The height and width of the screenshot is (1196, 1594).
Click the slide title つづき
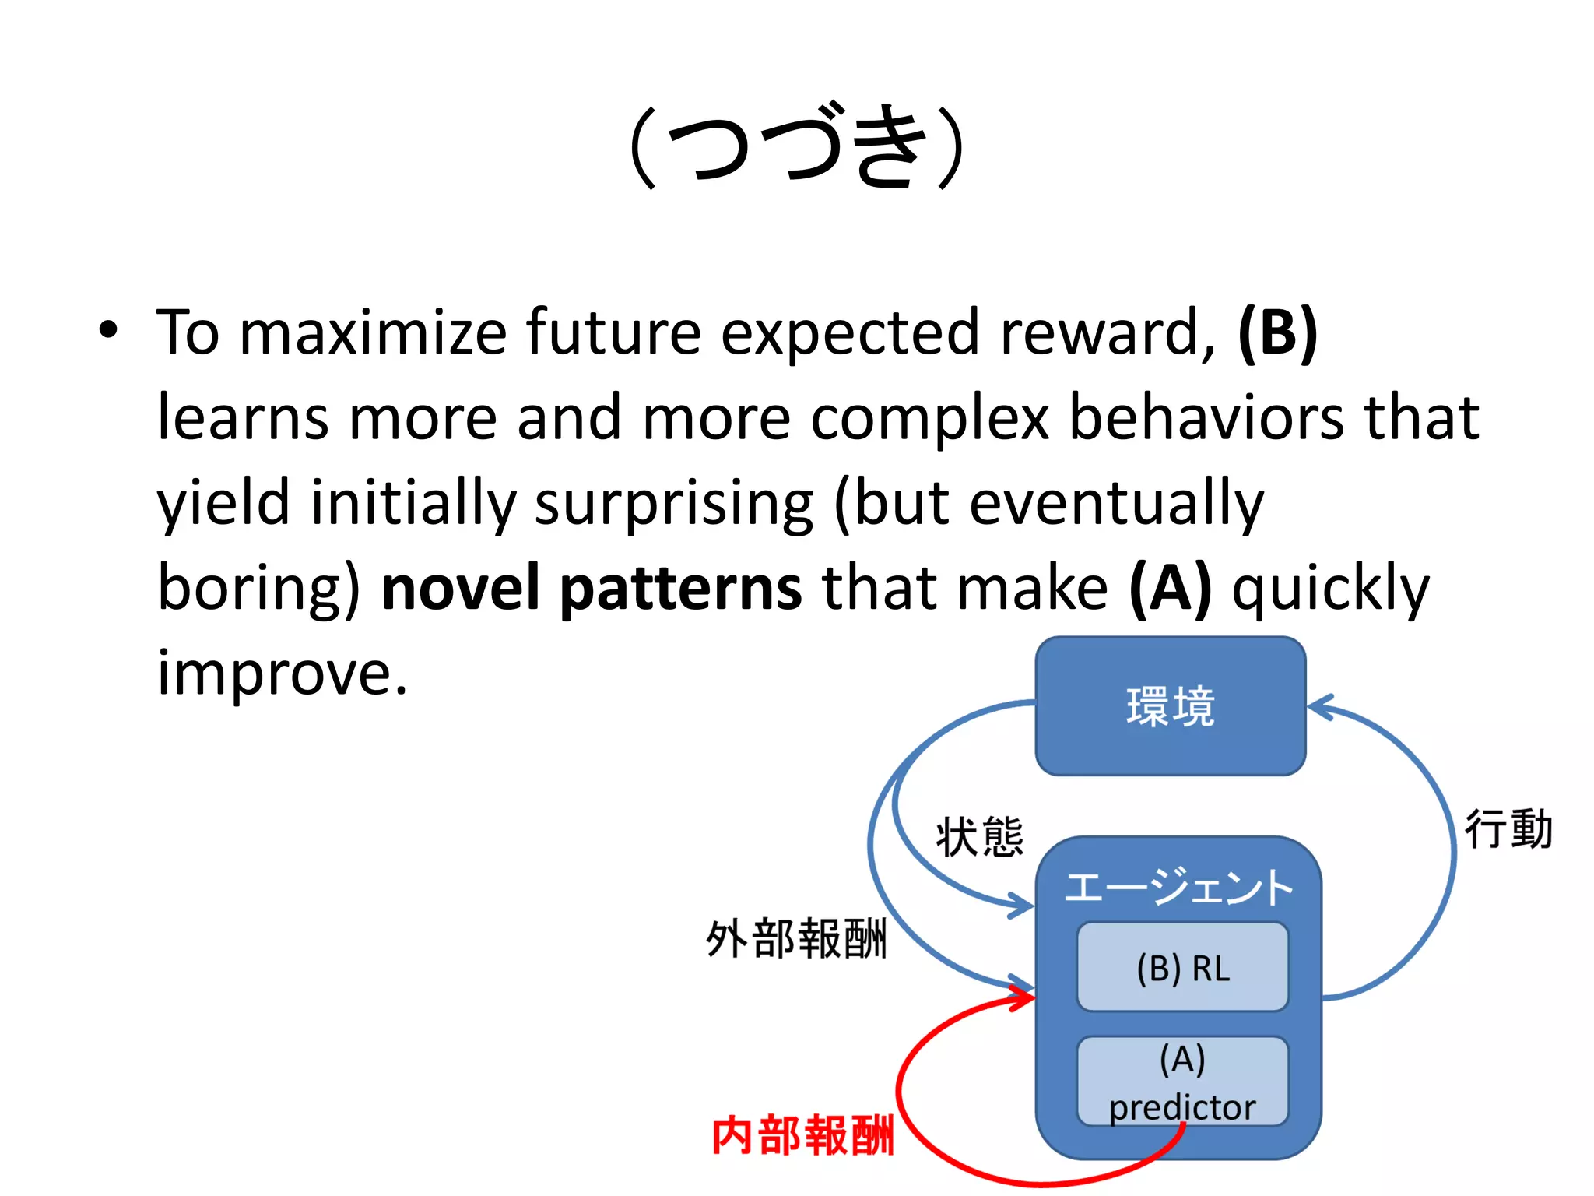(797, 146)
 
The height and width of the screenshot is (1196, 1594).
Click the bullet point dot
(109, 330)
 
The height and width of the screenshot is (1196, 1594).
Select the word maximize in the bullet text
(373, 333)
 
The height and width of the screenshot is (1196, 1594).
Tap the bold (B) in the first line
(1277, 333)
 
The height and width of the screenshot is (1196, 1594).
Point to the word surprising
(674, 505)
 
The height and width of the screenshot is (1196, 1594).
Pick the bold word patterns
(681, 589)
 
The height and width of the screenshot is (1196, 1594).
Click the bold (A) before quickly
(1170, 589)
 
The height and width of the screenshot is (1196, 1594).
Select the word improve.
(282, 674)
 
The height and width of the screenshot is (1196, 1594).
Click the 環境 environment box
(1170, 705)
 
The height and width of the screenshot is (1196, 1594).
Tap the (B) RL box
(1182, 968)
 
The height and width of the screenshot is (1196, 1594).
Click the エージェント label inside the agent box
(1178, 888)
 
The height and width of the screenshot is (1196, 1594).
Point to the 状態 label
(979, 838)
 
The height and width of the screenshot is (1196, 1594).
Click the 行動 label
(1508, 829)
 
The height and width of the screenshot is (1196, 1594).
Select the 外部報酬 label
(795, 939)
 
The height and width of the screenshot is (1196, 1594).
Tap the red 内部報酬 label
(802, 1135)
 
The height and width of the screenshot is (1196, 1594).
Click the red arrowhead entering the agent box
(1023, 997)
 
